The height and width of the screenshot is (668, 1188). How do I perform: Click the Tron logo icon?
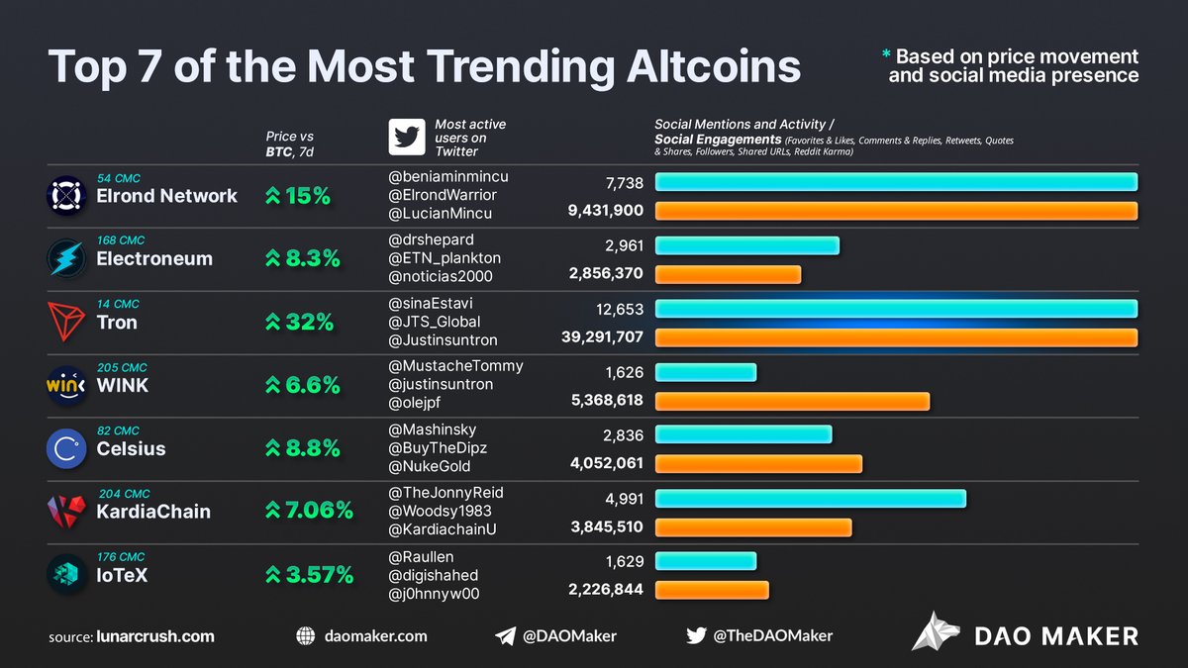pos(66,322)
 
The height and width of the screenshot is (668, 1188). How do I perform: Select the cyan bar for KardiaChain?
pos(810,499)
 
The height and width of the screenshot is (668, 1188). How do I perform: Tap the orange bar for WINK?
pos(792,401)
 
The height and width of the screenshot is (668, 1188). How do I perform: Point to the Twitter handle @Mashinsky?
pos(432,429)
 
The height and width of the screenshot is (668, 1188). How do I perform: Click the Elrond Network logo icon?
pos(66,196)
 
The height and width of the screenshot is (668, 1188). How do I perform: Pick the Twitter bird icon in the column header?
pos(406,138)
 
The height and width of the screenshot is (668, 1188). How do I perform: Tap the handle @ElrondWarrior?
pos(443,195)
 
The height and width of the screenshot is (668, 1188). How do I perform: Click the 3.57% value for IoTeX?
pos(308,575)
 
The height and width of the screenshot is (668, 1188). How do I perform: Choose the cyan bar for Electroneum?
pos(746,245)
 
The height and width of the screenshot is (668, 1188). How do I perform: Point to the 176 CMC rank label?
pos(120,556)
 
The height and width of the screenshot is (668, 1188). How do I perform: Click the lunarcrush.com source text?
pos(155,636)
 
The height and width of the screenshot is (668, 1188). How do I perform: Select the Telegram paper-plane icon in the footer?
pos(505,636)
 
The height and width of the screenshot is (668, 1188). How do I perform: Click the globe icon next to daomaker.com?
pos(306,636)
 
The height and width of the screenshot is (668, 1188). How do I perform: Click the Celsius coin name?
pos(131,448)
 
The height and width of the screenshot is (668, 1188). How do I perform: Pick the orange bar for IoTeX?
pos(711,590)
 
